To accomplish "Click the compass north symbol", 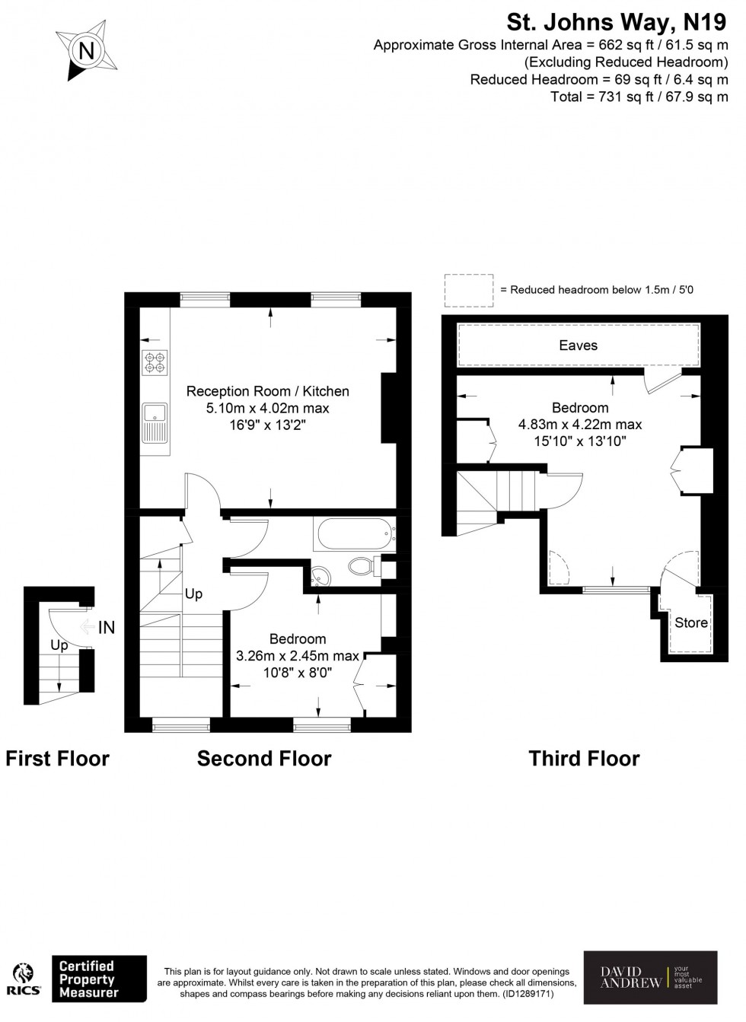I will point(86,52).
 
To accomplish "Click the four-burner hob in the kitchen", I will point(155,362).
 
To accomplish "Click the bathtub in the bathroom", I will point(354,534).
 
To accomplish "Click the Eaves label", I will point(578,345).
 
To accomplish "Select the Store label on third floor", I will point(690,622).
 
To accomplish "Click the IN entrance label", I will point(106,627).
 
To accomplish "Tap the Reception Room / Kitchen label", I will point(267,391).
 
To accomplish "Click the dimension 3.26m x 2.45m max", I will point(297,656).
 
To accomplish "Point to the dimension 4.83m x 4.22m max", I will point(579,425).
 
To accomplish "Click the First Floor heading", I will point(57,759).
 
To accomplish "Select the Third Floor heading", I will point(584,759).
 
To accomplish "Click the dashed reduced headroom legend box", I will point(469,291).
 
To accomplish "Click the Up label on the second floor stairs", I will point(193,594).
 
